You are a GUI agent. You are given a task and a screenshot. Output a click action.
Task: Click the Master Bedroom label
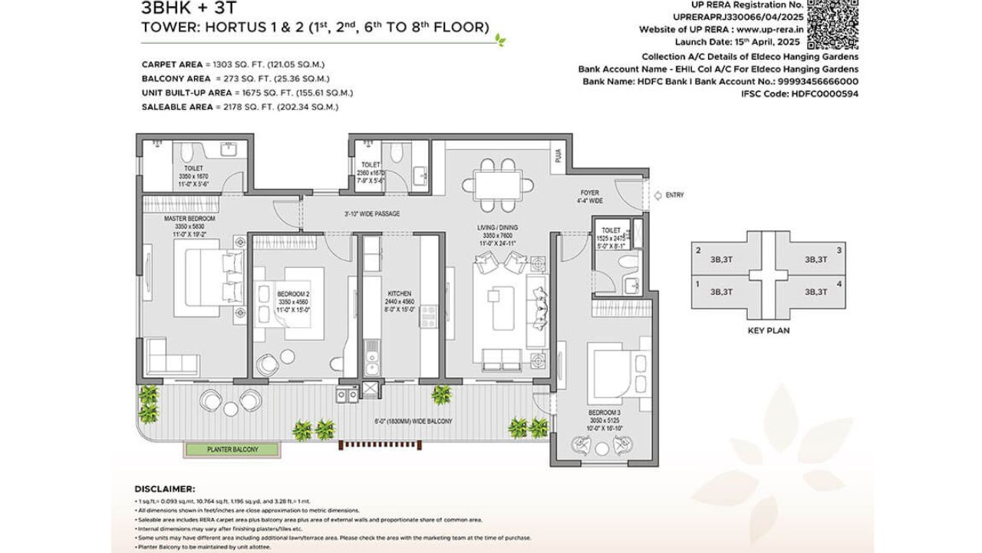coord(189,219)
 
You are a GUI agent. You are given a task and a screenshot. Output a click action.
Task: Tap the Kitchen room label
coord(399,293)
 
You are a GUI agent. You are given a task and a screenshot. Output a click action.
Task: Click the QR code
coord(832,25)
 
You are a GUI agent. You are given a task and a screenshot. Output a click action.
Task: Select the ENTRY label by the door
coord(674,195)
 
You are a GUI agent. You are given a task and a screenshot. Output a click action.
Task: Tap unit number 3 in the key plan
coord(839,250)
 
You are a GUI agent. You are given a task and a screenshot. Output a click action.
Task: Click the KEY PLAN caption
coord(768,331)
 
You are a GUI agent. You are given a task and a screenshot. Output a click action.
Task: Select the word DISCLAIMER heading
coord(164,488)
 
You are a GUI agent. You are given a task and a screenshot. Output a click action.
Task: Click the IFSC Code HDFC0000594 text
coord(799,94)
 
